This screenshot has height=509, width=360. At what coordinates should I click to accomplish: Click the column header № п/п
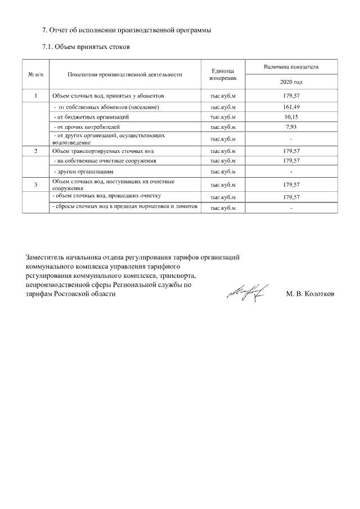(36, 74)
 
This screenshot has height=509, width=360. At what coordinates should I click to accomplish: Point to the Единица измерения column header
(223, 74)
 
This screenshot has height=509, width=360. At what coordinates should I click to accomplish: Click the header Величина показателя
(291, 67)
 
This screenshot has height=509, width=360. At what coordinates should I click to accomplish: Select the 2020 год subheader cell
(291, 82)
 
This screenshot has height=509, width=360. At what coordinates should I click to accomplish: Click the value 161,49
(291, 106)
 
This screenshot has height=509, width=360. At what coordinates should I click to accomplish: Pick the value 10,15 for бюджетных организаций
(291, 117)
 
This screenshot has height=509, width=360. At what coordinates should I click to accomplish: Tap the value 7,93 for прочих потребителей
(291, 127)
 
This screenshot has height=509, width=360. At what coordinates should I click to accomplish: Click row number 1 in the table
(36, 96)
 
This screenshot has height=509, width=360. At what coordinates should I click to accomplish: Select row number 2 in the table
(36, 151)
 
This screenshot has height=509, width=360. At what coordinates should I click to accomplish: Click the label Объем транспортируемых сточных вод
(102, 151)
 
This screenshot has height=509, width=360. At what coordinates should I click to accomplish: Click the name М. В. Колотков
(310, 294)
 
